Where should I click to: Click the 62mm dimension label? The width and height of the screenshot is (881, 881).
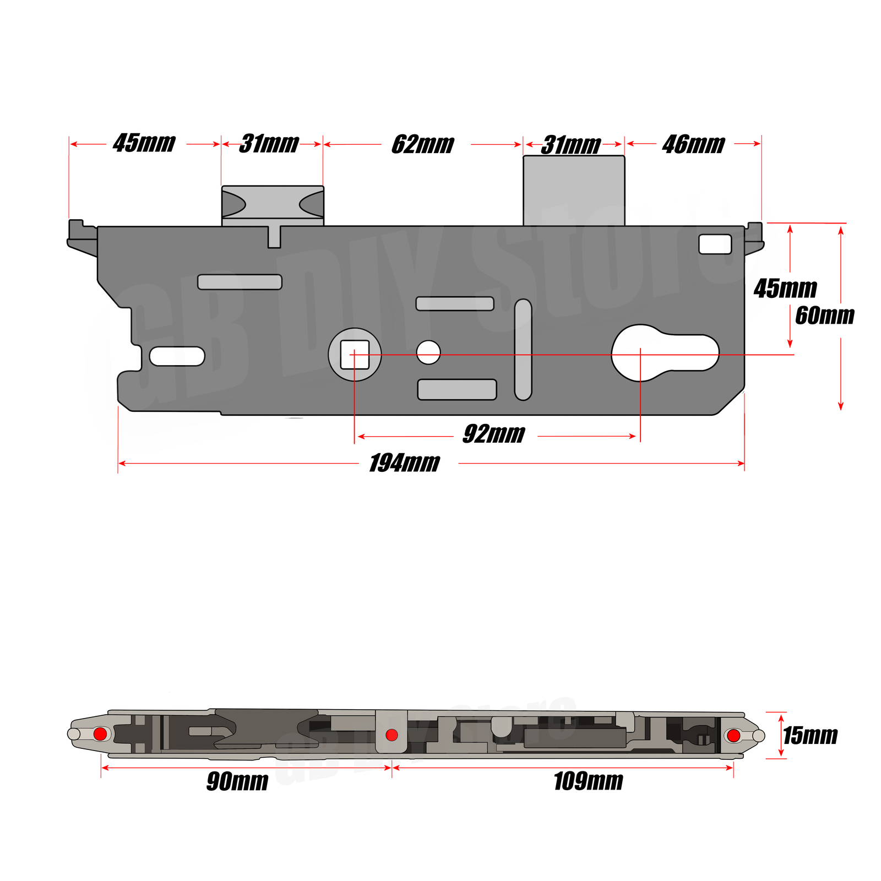point(422,144)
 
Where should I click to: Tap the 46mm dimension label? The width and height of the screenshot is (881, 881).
point(693,144)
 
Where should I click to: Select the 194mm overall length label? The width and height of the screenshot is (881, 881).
point(404,463)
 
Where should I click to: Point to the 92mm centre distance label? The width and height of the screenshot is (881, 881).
point(493,434)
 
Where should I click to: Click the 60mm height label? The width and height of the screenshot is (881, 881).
point(824,316)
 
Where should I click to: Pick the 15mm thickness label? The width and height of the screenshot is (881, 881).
point(810,736)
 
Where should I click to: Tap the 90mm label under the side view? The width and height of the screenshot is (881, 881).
point(237,781)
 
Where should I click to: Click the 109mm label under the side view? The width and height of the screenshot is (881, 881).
point(588,781)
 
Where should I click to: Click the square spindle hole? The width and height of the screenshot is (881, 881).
point(355,355)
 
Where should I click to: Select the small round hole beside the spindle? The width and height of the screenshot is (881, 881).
point(428,352)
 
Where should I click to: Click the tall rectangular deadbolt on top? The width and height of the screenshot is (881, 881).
point(574,190)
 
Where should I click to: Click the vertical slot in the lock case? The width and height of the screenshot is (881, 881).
point(523,350)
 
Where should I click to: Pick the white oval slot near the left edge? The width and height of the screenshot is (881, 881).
point(177,356)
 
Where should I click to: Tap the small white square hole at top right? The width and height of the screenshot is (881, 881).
point(715,244)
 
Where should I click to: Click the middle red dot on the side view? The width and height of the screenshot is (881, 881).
point(391,735)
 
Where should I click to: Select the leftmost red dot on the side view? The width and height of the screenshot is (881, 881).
point(100,733)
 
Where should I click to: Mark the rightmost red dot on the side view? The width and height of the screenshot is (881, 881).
point(733,735)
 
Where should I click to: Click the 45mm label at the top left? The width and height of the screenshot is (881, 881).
point(144,143)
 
